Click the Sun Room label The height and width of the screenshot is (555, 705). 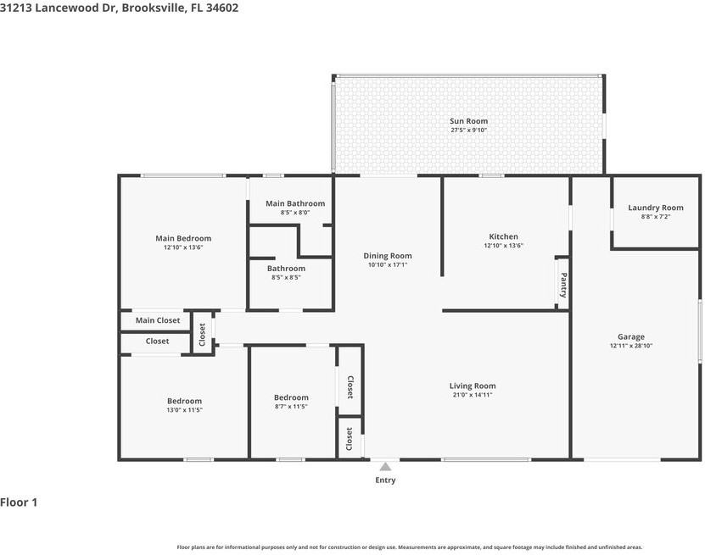[x=468, y=121]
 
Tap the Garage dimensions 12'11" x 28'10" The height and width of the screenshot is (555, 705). [x=631, y=346]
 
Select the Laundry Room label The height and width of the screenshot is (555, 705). [x=656, y=208]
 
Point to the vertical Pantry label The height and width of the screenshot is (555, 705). [x=563, y=286]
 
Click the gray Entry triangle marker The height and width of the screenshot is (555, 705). [x=385, y=467]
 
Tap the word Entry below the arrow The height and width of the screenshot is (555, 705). [x=385, y=480]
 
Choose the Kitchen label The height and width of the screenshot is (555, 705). [x=503, y=236]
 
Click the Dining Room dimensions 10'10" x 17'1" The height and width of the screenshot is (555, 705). [x=388, y=265]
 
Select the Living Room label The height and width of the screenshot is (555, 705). [x=473, y=386]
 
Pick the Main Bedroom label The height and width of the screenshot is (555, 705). [x=183, y=238]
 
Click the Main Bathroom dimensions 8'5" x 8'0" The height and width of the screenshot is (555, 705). [x=295, y=213]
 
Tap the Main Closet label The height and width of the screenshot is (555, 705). [x=158, y=320]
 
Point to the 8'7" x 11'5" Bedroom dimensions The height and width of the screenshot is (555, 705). [x=291, y=407]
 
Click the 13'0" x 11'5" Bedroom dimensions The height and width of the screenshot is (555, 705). [x=184, y=410]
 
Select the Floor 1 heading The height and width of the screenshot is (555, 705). [x=19, y=502]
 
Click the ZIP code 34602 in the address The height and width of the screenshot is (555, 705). [x=222, y=8]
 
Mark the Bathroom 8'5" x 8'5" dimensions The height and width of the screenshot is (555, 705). [x=286, y=278]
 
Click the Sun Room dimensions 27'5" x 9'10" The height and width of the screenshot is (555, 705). [x=468, y=130]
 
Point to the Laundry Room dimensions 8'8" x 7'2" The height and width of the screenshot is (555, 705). [x=656, y=216]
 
